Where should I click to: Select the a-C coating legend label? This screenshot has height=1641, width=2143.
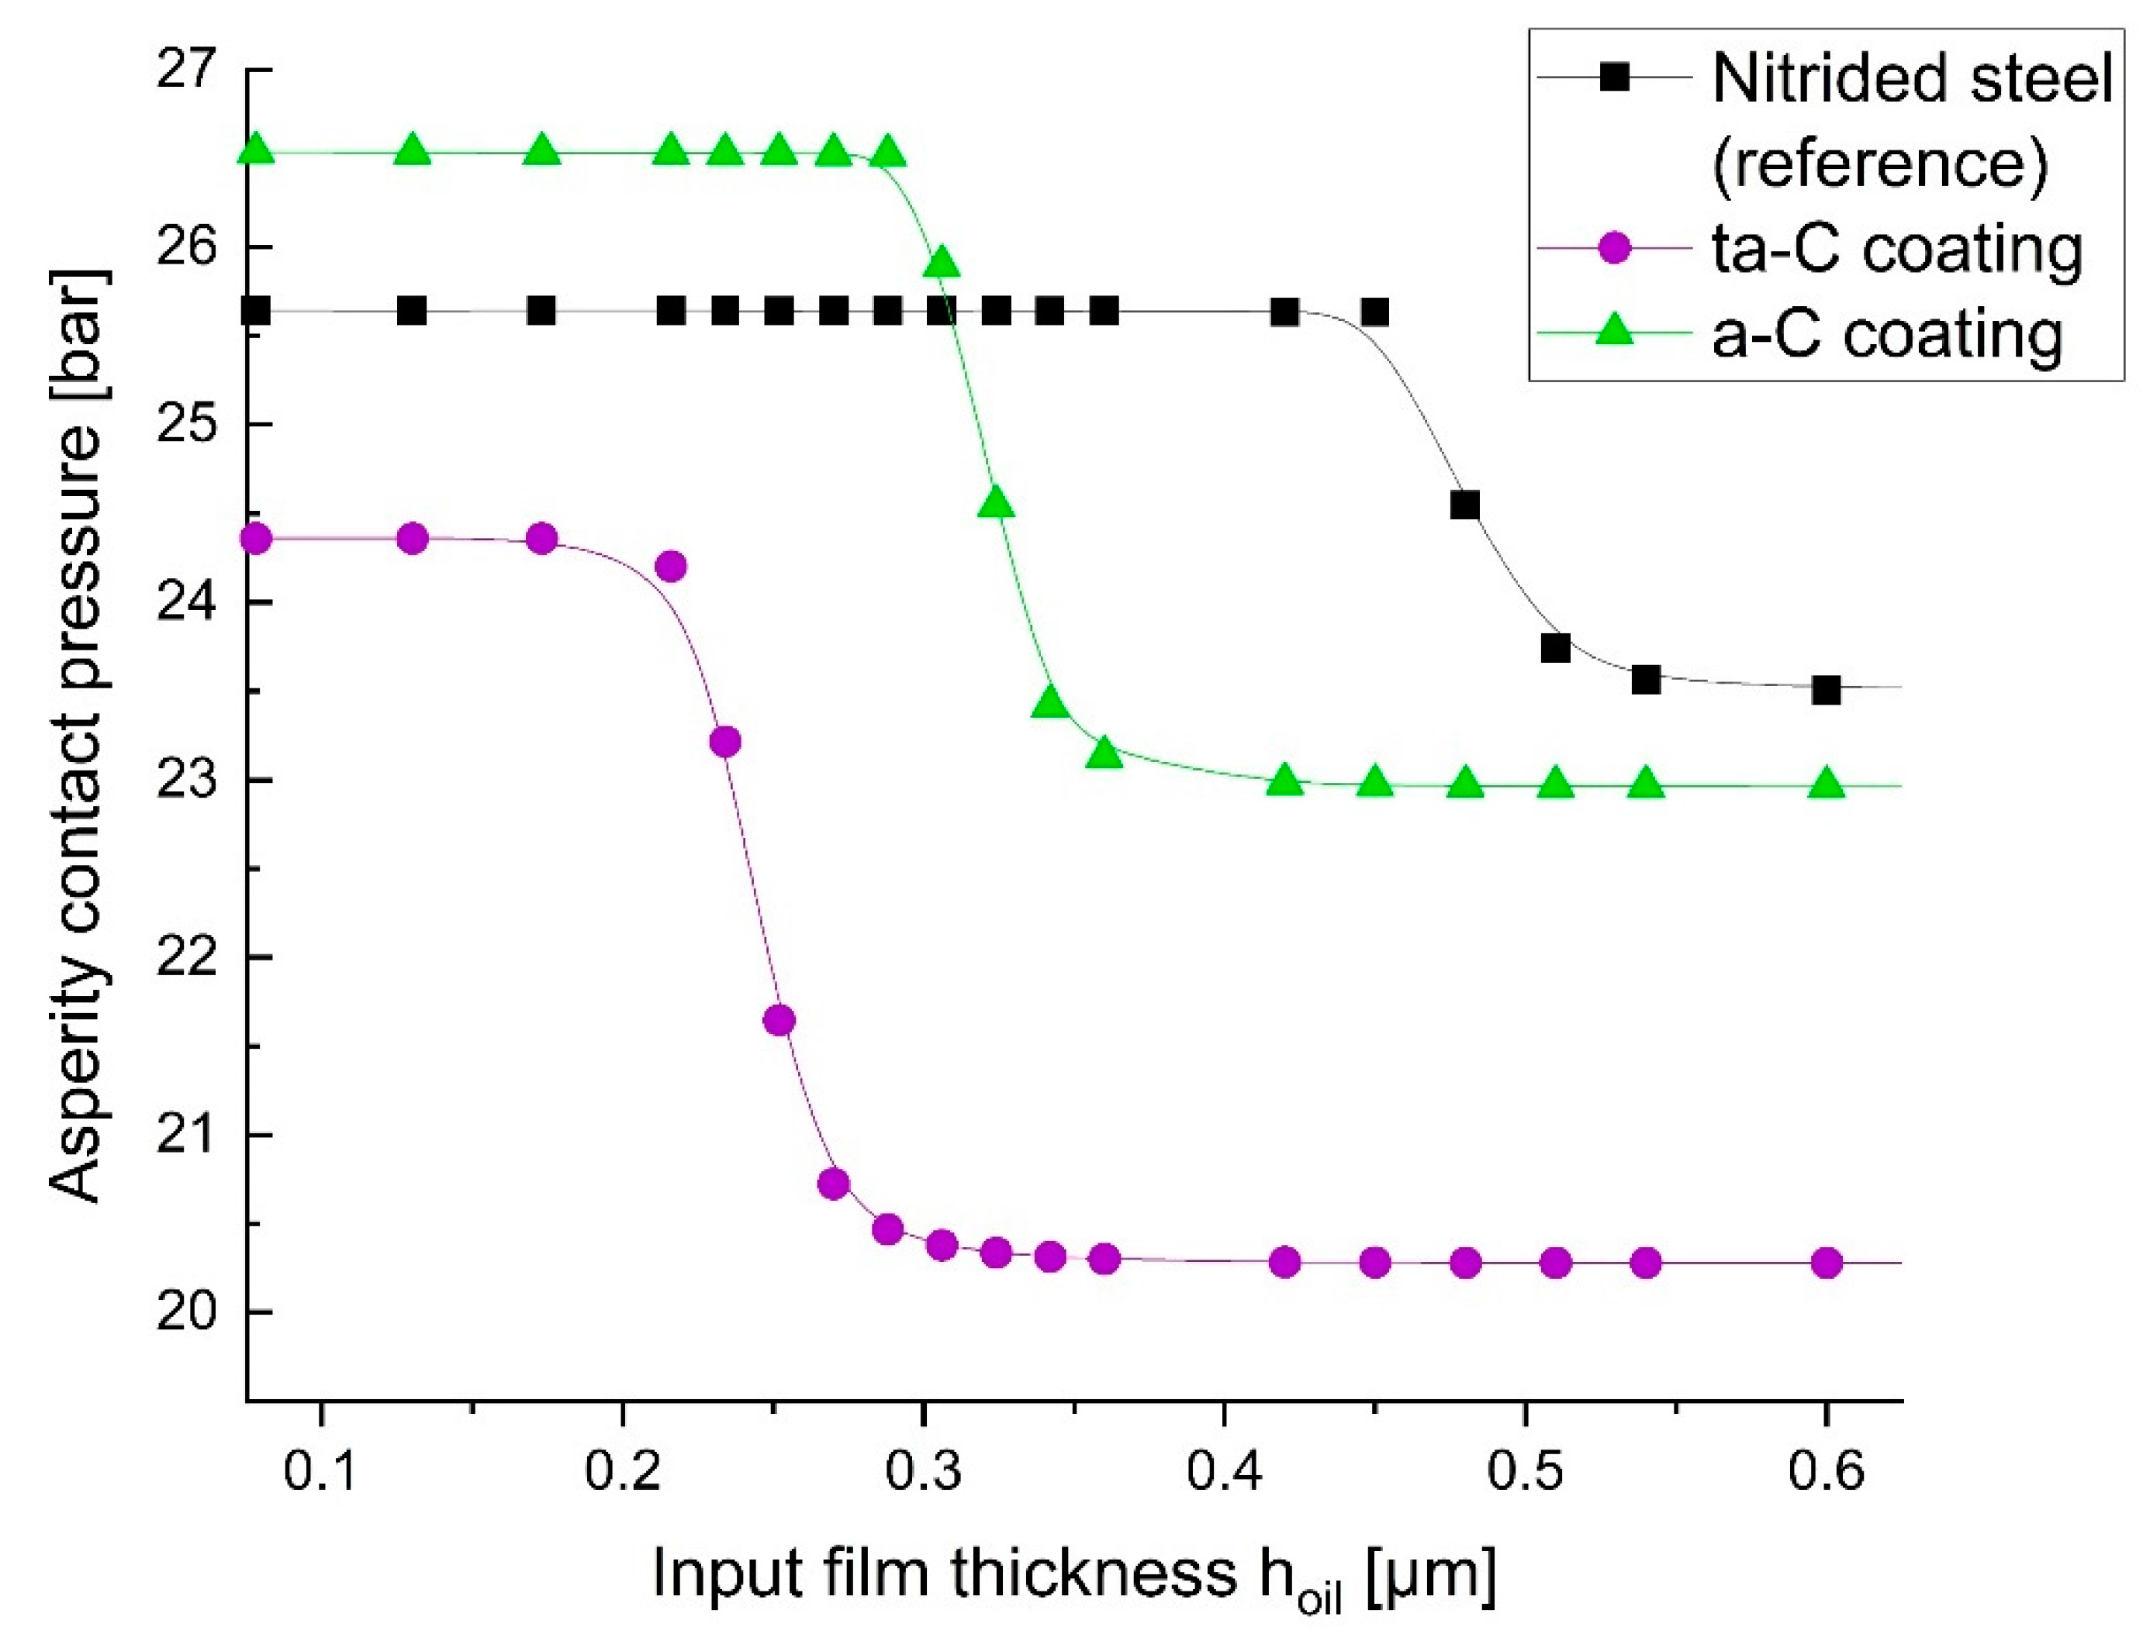tap(1887, 333)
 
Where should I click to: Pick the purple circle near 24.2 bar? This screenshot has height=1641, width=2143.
tap(670, 566)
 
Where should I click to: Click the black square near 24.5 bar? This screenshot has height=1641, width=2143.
tap(1464, 505)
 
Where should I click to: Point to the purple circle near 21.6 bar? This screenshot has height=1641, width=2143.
tap(779, 1020)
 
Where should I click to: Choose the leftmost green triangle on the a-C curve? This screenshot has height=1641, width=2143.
tap(256, 150)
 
